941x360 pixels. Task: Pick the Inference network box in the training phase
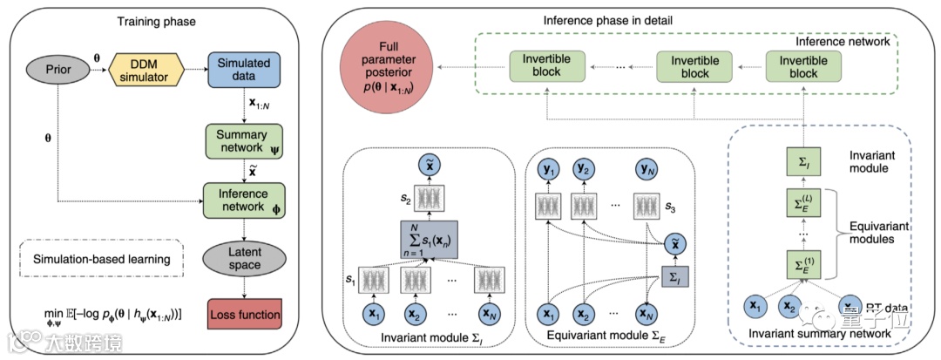[x=236, y=200]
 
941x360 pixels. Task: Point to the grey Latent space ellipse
[x=238, y=259]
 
